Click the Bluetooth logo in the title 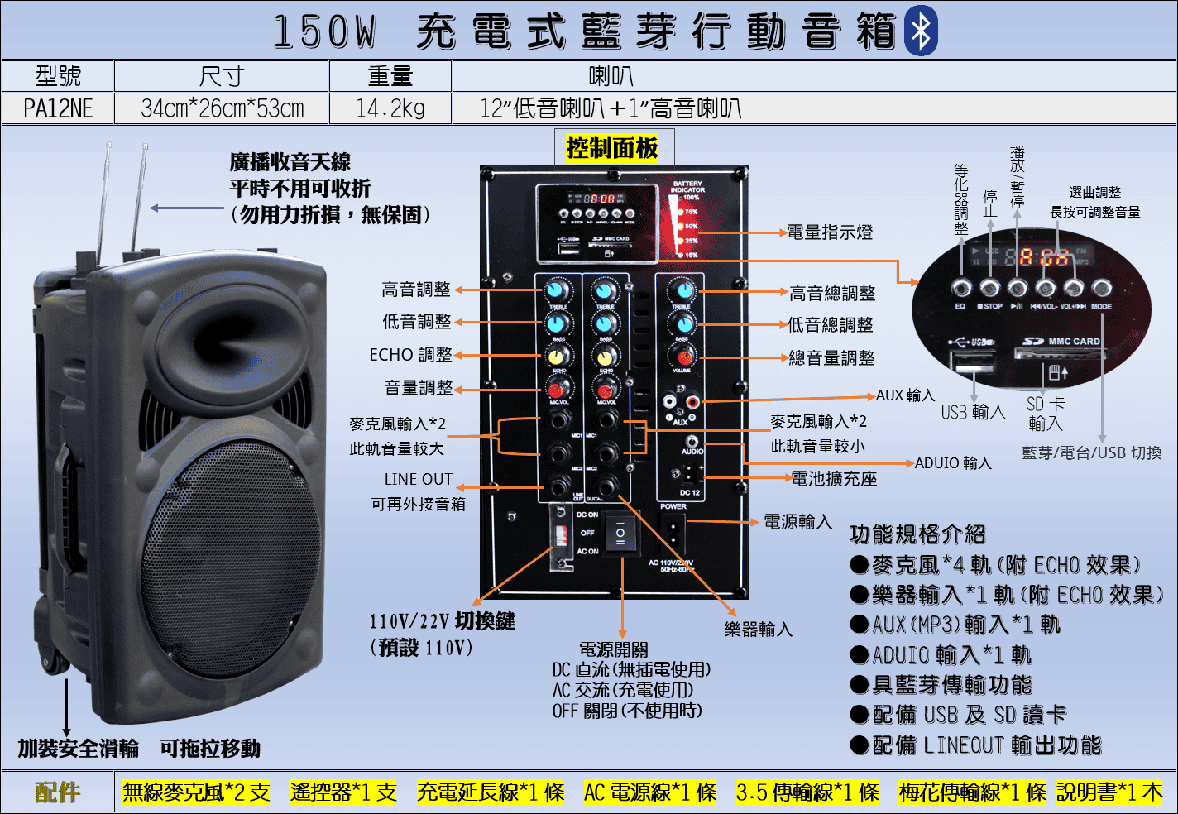point(920,31)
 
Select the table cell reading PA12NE point(58,108)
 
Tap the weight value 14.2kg point(390,108)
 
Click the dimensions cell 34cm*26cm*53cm point(222,108)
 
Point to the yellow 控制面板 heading point(612,148)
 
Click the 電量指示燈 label point(829,232)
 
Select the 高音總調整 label point(831,293)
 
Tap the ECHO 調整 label point(410,355)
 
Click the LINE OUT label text point(419,479)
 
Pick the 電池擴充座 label point(834,478)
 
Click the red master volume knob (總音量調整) point(684,357)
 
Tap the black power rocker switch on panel point(620,535)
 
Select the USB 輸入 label point(973,411)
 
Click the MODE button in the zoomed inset point(1101,288)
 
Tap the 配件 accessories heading point(57,792)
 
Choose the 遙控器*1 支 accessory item point(342,792)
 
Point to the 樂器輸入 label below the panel point(758,630)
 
